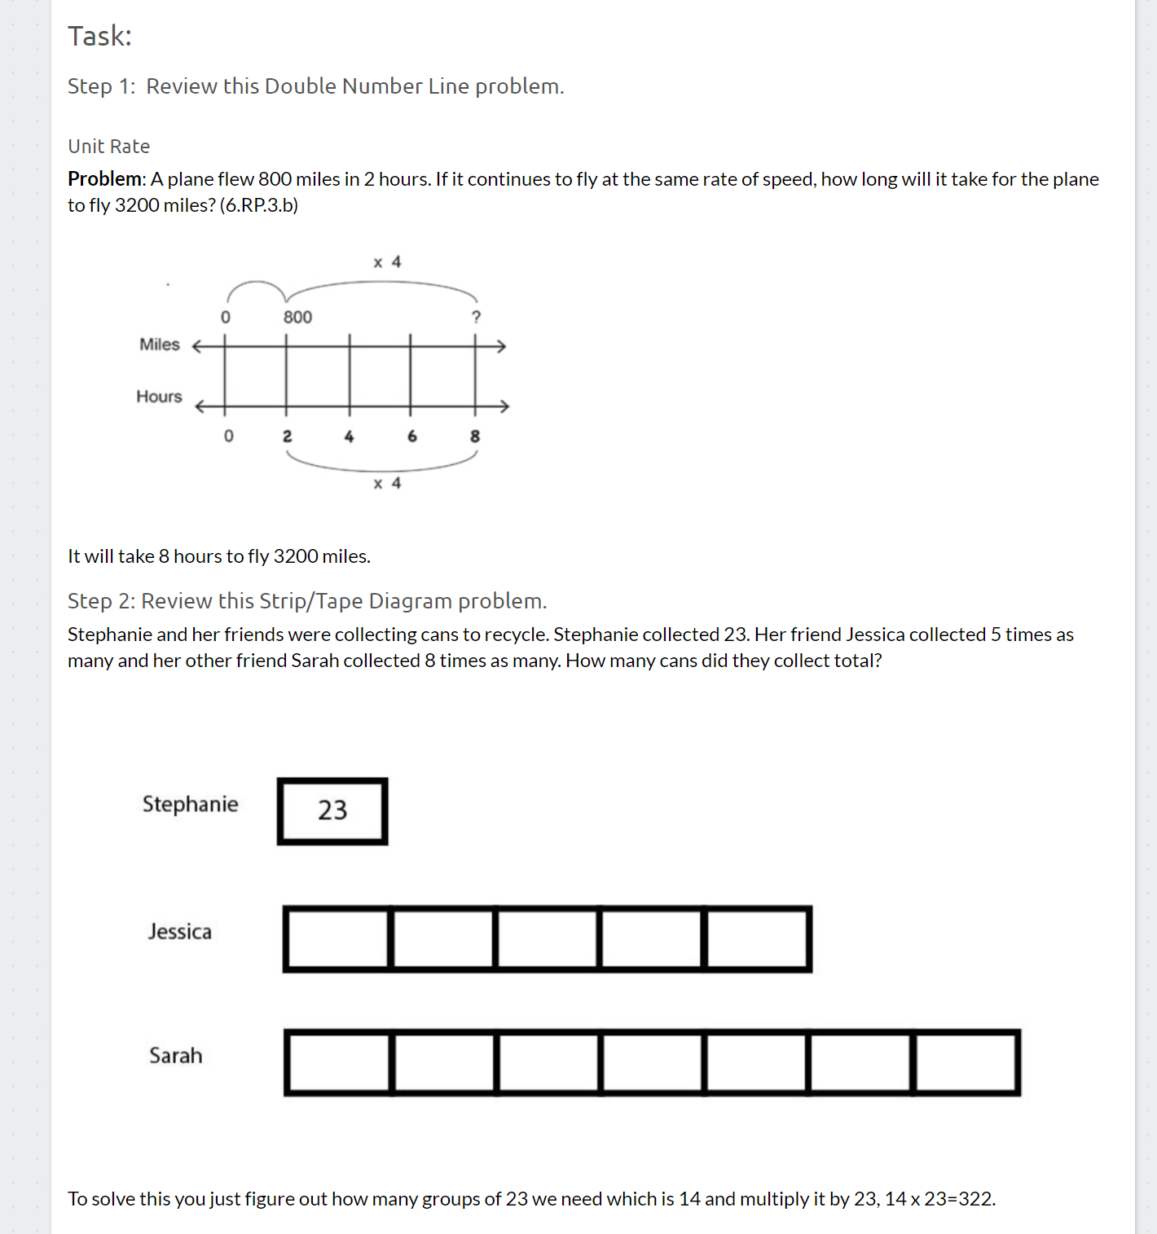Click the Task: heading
tap(99, 36)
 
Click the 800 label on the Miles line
tap(297, 317)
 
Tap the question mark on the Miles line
tap(477, 317)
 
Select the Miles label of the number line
tap(159, 345)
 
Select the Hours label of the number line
tap(159, 397)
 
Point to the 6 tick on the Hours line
tap(412, 437)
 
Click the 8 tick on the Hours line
tap(475, 437)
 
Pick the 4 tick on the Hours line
tap(349, 437)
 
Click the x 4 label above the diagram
tap(387, 262)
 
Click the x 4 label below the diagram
tap(387, 484)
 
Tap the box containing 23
tap(332, 810)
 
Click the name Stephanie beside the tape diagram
tap(190, 804)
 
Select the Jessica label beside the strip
tap(179, 932)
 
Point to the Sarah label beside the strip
tap(175, 1056)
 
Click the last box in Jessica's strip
tap(757, 939)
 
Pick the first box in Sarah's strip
tap(338, 1063)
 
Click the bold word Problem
tap(105, 179)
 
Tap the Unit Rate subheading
tap(108, 147)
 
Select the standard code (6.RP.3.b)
tap(259, 205)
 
